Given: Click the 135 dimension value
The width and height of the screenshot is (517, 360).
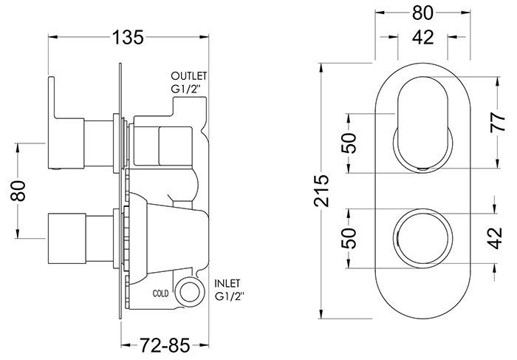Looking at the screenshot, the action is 128,37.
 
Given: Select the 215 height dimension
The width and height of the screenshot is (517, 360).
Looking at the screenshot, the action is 321,191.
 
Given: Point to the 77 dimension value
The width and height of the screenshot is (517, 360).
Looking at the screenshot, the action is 497,122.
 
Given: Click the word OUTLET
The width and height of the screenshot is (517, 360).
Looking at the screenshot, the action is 188,76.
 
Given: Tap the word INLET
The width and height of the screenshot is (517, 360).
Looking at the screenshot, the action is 227,283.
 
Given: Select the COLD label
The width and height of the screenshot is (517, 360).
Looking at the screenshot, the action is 160,293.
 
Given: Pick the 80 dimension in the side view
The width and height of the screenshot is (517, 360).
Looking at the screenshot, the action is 18,191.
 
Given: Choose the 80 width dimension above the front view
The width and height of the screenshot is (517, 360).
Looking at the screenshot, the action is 422,13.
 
